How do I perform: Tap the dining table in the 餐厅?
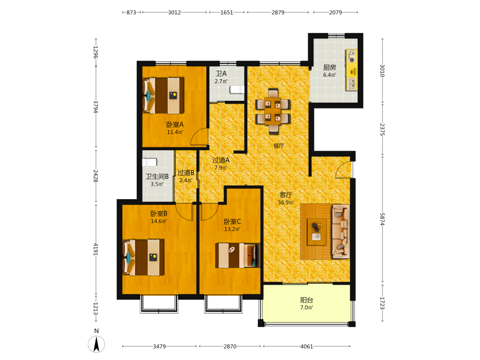point(273,111)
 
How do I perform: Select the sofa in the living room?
point(341,231)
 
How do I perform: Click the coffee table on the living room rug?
point(317,232)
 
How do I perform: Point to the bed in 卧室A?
point(163,96)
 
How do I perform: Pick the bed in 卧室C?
point(238,255)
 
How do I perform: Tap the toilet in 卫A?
point(237,89)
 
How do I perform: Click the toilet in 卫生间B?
point(150,162)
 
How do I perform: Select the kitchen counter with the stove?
point(352,70)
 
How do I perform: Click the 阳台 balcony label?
point(306,300)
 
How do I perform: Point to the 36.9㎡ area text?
point(286,203)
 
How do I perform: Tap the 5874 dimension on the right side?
point(383,219)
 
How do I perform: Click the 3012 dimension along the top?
point(174,12)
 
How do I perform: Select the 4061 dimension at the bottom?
point(306,347)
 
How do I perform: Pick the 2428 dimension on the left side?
point(96,176)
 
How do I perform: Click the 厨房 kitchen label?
point(330,68)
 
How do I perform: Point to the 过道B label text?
point(186,173)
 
